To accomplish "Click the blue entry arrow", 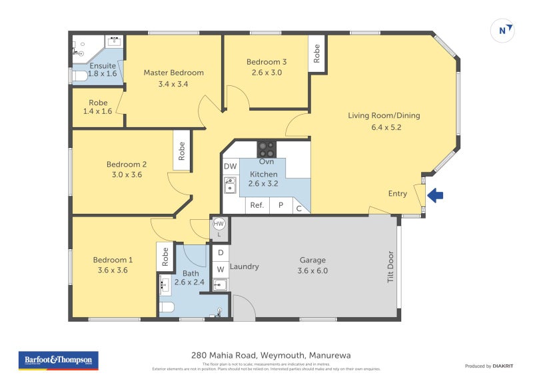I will pyautogui.click(x=435, y=195).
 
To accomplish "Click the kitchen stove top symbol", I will pyautogui.click(x=266, y=148).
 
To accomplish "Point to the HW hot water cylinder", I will pyautogui.click(x=219, y=224).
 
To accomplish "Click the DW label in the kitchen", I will pyautogui.click(x=230, y=167).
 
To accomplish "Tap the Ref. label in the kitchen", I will pyautogui.click(x=257, y=205).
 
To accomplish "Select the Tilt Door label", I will pyautogui.click(x=390, y=268).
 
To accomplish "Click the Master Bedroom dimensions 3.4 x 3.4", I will pyautogui.click(x=173, y=84).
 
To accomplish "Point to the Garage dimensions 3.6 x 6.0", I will pyautogui.click(x=312, y=271).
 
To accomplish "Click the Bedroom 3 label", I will pyautogui.click(x=266, y=62).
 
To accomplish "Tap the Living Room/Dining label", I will pyautogui.click(x=384, y=115).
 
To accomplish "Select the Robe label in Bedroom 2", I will pyautogui.click(x=181, y=151).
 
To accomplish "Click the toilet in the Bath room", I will pyautogui.click(x=167, y=307).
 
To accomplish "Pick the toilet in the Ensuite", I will pyautogui.click(x=79, y=77).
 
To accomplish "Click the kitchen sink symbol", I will pyautogui.click(x=230, y=185).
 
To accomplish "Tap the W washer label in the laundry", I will pyautogui.click(x=219, y=270).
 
